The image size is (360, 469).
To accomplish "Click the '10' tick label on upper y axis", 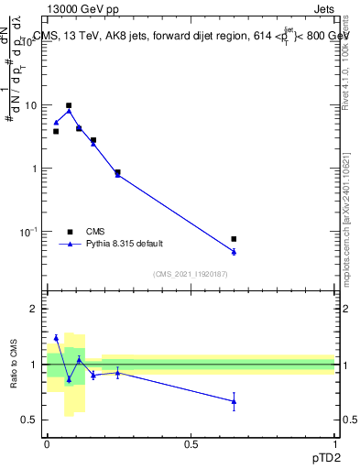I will pos(30,105).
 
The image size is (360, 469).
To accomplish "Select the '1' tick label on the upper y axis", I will pos(34,169).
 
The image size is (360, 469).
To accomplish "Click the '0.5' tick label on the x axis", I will pos(191,443).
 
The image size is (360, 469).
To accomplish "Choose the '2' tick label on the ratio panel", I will pos(34,309).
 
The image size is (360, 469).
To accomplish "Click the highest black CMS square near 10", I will pos(69,105).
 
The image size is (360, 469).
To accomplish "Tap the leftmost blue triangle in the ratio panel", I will pos(56,338).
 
